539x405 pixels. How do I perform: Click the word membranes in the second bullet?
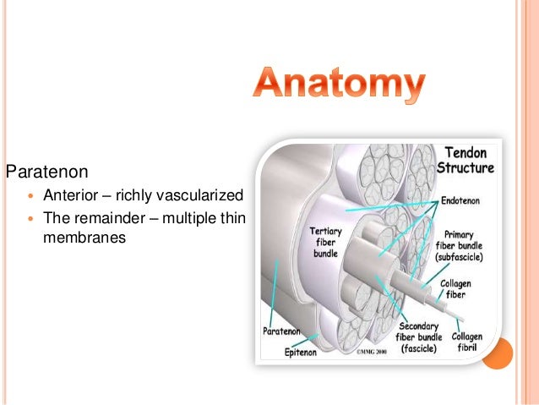[x=84, y=238]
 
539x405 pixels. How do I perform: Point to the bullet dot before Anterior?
[x=31, y=195]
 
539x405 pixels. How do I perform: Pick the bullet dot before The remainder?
[x=31, y=218]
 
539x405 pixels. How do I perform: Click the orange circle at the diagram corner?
[x=498, y=353]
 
